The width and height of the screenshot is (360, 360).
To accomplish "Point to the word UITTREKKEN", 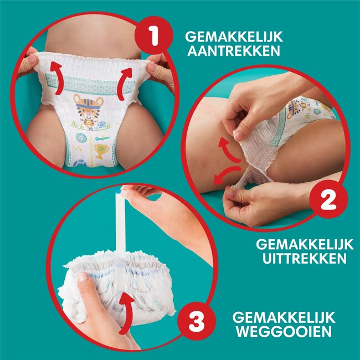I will (301, 258).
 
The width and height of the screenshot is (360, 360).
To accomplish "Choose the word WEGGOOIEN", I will (284, 332).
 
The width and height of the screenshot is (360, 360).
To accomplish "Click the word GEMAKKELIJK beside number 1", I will (234, 37).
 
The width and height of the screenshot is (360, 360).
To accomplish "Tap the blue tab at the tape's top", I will (120, 191).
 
